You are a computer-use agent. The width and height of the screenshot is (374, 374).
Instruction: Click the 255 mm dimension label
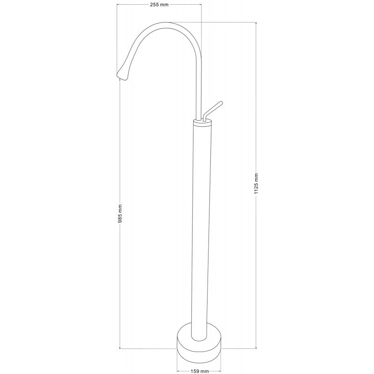pos(159,4)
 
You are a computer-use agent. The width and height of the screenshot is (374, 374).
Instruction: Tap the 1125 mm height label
pos(256,185)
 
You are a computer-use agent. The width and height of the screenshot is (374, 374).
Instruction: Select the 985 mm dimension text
pos(120,214)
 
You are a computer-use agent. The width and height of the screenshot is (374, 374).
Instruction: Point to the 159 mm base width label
pos(200,371)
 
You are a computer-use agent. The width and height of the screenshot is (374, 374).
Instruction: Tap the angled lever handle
pos(213,110)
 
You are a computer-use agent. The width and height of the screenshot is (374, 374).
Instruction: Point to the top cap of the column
pos(202,122)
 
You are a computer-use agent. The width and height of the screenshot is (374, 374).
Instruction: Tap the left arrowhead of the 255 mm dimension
pos(118,4)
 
